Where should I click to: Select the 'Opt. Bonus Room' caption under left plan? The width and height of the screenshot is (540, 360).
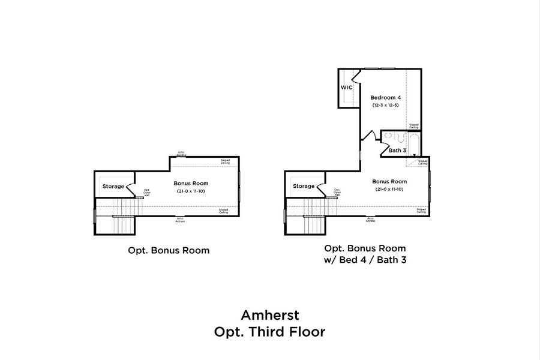coord(169,250)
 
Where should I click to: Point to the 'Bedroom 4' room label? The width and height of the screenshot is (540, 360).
coord(385,97)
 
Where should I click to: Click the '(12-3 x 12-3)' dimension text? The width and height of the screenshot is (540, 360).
coord(385,105)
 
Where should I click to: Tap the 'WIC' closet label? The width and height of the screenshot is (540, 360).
coord(346,88)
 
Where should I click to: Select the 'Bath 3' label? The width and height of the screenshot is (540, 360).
coord(397,150)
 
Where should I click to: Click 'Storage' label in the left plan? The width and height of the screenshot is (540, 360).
coord(113,186)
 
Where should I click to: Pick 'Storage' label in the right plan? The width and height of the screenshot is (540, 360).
coord(304,186)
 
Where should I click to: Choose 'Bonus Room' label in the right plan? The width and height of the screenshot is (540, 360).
coord(389,181)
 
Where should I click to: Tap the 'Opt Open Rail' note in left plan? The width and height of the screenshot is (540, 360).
coord(146,193)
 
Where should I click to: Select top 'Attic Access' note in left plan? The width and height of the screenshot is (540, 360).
coord(181,154)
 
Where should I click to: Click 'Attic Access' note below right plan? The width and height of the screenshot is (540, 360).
coord(370,220)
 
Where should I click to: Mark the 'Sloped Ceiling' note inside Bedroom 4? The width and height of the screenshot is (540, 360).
coord(414,126)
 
